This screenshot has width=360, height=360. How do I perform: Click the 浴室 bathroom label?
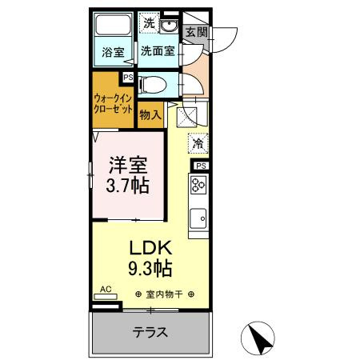[x=112, y=54]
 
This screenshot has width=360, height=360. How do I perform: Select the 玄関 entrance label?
[x=196, y=32]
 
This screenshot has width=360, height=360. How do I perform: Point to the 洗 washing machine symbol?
[x=150, y=23]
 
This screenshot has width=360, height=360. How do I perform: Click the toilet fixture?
[x=154, y=82]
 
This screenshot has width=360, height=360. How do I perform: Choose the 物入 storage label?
[x=150, y=114]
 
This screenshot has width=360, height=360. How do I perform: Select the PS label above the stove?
[x=201, y=166]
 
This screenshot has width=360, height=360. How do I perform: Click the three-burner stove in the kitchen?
[x=198, y=186]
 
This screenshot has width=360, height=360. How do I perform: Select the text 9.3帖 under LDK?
[x=150, y=266]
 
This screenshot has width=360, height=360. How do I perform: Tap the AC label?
[x=106, y=289]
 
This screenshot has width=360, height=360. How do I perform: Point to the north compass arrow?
[x=262, y=338]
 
